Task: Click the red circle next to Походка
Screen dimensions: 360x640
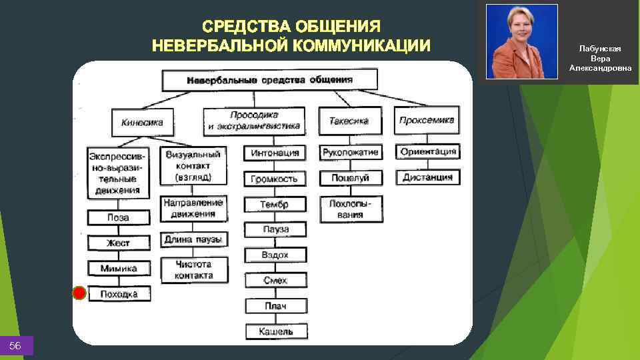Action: [x=79, y=293]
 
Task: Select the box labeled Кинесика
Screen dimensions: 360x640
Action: [x=142, y=122]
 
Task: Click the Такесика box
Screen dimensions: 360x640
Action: [x=349, y=121]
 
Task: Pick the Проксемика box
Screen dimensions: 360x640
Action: [x=427, y=121]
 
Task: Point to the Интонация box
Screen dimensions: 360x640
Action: [x=275, y=153]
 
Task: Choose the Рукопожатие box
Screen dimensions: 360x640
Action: [x=351, y=153]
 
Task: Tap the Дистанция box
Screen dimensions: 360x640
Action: [x=427, y=177]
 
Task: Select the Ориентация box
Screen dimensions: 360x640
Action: [x=428, y=152]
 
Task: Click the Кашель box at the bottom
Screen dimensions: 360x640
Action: [x=275, y=331]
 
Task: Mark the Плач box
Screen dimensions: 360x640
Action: [x=275, y=306]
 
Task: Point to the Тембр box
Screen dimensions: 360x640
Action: [x=275, y=204]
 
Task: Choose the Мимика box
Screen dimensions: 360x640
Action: [x=119, y=269]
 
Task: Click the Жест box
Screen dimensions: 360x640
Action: [x=119, y=243]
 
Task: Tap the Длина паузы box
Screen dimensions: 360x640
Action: [x=193, y=239]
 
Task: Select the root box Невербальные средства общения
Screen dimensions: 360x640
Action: [x=269, y=80]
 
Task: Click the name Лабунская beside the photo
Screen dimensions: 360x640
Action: [x=600, y=49]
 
